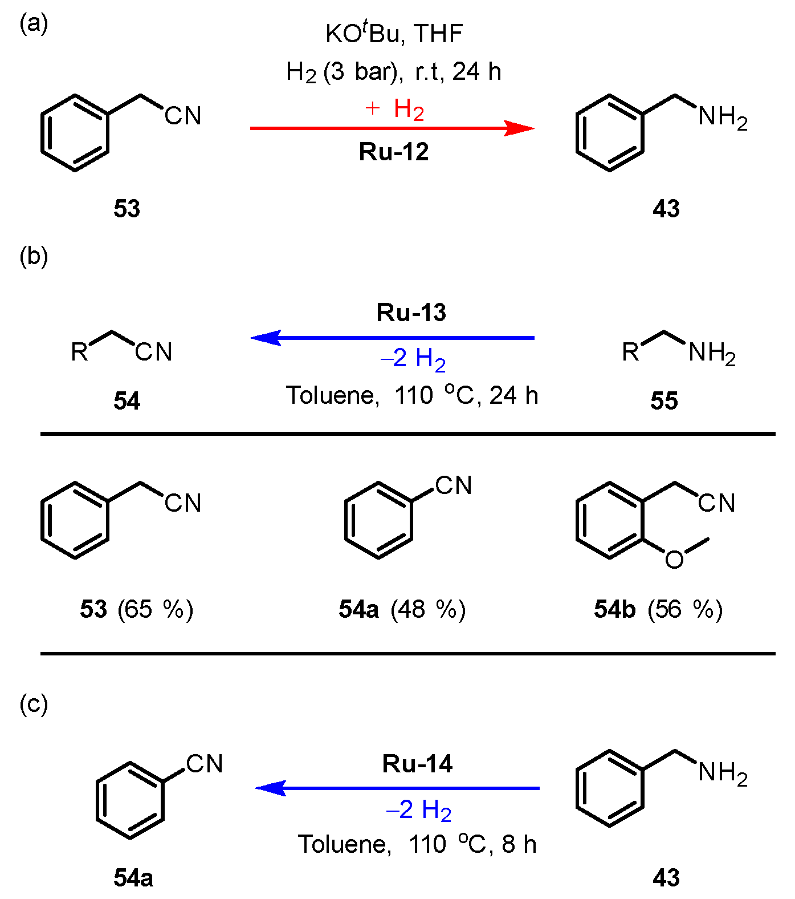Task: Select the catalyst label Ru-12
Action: [x=393, y=152]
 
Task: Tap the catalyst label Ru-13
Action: [x=411, y=313]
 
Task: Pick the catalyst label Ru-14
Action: [x=417, y=764]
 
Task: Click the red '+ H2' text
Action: [x=395, y=108]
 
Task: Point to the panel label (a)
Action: [x=34, y=24]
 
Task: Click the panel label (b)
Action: [x=34, y=257]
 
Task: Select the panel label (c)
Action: [x=34, y=704]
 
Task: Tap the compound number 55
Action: [x=664, y=401]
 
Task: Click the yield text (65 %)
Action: [x=155, y=609]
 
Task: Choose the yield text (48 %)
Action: [x=428, y=609]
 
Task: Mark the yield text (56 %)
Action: [x=684, y=609]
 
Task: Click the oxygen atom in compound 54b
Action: [x=674, y=560]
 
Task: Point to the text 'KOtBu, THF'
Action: [x=394, y=34]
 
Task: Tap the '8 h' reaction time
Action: [x=519, y=844]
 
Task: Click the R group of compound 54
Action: [x=79, y=352]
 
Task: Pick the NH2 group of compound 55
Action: [x=712, y=353]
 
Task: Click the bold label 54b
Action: [x=614, y=609]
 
